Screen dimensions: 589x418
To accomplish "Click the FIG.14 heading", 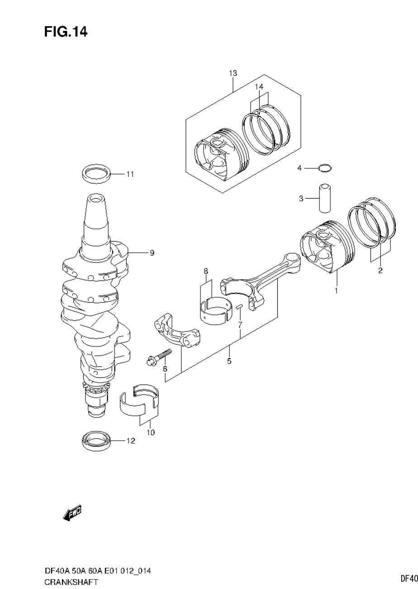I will click(x=66, y=32).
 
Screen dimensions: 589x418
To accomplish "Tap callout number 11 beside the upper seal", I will click(x=130, y=174).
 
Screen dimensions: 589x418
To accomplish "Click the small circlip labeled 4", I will click(x=325, y=169).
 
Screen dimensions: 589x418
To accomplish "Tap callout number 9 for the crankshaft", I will click(x=152, y=253).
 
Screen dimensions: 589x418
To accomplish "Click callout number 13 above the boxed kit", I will click(x=233, y=73).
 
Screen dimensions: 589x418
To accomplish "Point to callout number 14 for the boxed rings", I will click(x=259, y=86).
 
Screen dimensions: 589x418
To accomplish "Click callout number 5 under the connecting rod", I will click(x=229, y=361).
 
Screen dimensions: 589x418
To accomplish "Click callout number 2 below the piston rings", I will click(x=380, y=271).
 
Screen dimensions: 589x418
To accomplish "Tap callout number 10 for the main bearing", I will click(x=151, y=432).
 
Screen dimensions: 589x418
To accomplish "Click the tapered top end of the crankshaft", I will click(x=96, y=212).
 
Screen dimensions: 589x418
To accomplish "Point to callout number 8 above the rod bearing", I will click(x=206, y=271).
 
